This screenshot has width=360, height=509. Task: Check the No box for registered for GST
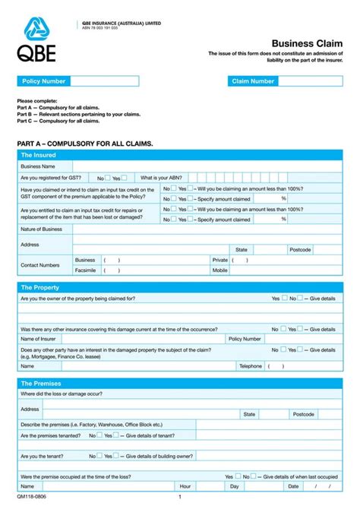tap(108, 177)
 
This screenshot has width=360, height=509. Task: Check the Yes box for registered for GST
tap(125, 177)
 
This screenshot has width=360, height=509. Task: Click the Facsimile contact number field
tap(152, 270)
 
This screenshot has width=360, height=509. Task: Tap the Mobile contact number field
tap(285, 270)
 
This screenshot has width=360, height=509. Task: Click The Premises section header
tap(41, 384)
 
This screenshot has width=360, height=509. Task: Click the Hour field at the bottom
tap(208, 485)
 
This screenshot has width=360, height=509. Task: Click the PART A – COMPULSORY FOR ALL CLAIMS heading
tap(84, 143)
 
